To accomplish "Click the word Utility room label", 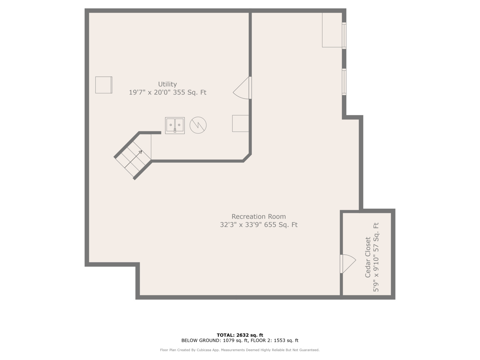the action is point(167,84).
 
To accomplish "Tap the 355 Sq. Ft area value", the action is point(190,92).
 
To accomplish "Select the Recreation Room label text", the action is point(259,216).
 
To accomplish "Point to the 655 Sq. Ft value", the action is point(281,225).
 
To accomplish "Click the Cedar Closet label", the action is point(368,257).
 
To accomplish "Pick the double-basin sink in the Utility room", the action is point(175,125).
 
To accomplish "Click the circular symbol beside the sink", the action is point(198,125).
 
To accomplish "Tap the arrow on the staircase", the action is point(133,159).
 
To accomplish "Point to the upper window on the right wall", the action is point(344,36).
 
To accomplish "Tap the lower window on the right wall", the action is point(344,82).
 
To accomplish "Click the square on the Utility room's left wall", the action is point(104,85).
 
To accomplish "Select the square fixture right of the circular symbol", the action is point(241,123).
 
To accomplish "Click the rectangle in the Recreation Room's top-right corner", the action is point(332,30).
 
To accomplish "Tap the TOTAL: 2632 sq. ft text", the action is point(240,335).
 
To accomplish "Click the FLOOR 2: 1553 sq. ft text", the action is point(274,340).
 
